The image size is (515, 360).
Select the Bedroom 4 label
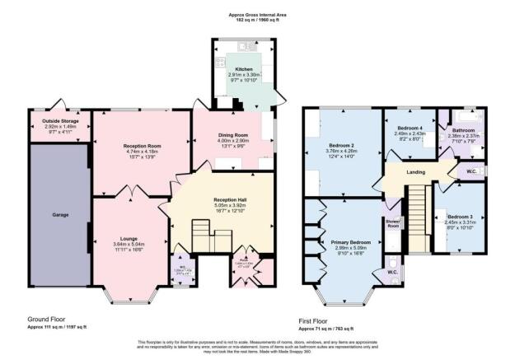[410, 129]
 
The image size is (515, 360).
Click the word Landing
[414, 171]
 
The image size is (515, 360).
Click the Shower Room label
[392, 222]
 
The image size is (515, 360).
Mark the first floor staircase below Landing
[418, 218]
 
